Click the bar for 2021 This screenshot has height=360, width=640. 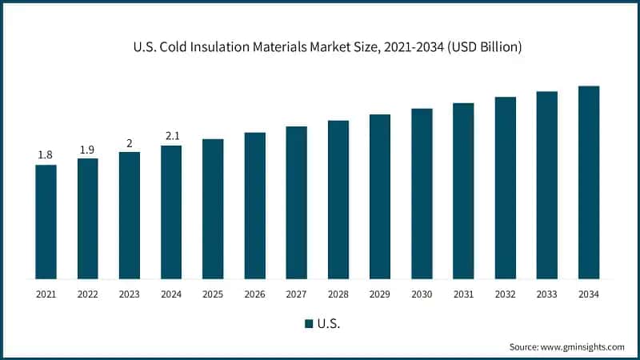coord(46,222)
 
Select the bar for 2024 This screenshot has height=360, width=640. coord(171,212)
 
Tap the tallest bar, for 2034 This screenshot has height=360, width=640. coord(589,182)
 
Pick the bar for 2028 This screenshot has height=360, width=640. coord(338,199)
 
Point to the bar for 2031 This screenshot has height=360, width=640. coord(463,190)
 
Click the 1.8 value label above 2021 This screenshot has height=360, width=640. coord(46,154)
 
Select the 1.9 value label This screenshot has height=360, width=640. coord(87,149)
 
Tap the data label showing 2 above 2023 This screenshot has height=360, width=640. coord(130,142)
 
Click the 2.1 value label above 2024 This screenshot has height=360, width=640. coord(171,136)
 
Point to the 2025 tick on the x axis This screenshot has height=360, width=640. coord(213,294)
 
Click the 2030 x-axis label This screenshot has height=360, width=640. coord(422,294)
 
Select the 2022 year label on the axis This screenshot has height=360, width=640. coord(87,294)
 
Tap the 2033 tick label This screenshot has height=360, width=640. coord(547,294)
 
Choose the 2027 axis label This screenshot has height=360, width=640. coord(296,294)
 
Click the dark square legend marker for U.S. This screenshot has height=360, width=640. coord(308,324)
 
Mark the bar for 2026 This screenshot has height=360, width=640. coord(254,206)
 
